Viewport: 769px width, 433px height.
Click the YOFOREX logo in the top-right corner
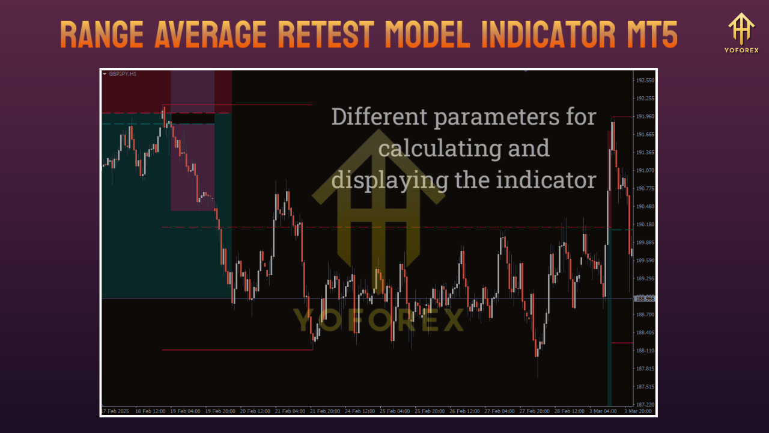[741, 32]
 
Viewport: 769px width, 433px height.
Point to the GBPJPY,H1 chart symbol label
[122, 74]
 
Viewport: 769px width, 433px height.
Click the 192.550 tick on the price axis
[645, 80]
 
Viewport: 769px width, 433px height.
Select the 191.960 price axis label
[645, 116]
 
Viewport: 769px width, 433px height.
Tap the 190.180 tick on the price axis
[645, 224]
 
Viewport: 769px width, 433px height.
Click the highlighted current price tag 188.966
[645, 298]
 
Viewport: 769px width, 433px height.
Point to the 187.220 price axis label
[645, 404]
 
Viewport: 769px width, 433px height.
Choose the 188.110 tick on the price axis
[645, 350]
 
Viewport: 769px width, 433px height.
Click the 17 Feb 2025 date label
[116, 411]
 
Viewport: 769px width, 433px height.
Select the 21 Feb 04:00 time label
[290, 411]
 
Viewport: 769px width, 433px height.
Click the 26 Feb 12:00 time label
[465, 411]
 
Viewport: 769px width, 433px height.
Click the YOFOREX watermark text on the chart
[378, 320]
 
